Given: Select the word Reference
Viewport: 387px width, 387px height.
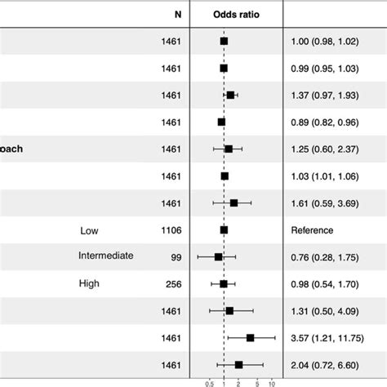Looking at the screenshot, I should tap(312, 230).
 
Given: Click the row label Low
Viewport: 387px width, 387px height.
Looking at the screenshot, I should tap(89, 230).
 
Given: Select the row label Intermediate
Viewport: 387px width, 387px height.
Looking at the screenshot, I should tap(106, 256).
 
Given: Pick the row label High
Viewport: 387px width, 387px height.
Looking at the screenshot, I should tap(90, 283).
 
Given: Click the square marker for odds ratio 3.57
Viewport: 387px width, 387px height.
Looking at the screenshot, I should tap(250, 337).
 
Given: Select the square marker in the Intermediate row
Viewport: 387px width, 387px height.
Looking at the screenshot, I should tap(219, 257).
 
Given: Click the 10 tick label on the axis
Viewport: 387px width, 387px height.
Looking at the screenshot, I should tap(272, 382).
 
